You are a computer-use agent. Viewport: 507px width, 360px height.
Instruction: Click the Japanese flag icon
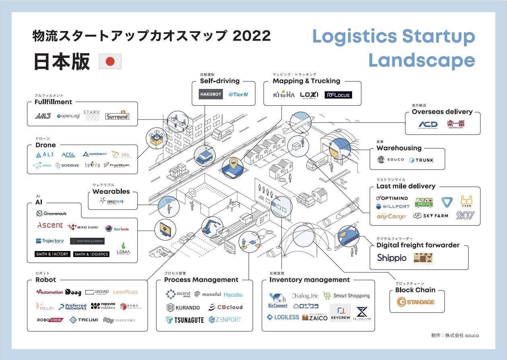point(110,62)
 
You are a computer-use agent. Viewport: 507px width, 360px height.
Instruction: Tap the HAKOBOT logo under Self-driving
point(211,95)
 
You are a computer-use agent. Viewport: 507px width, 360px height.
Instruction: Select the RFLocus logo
point(338,95)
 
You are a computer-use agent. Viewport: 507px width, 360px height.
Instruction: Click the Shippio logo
point(392,257)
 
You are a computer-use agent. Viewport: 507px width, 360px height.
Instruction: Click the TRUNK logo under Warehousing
point(421,160)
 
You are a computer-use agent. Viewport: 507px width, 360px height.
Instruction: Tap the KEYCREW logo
point(340,313)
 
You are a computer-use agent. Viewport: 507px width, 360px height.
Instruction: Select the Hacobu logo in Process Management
point(233,294)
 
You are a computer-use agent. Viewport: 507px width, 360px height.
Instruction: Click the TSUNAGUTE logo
point(185,320)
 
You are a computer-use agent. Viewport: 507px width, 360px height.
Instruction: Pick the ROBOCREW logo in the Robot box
point(49,320)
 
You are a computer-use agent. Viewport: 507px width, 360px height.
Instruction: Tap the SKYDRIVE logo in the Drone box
point(67,165)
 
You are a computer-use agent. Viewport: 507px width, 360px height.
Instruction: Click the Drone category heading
point(45,145)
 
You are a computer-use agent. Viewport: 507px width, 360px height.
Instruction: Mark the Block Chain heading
point(415,290)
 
